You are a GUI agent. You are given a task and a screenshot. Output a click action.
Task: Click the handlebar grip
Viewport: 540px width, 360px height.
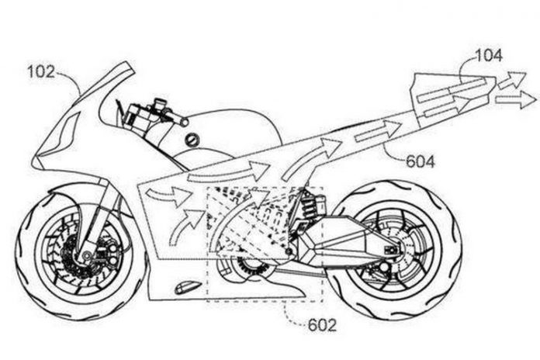[x=178, y=121]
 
